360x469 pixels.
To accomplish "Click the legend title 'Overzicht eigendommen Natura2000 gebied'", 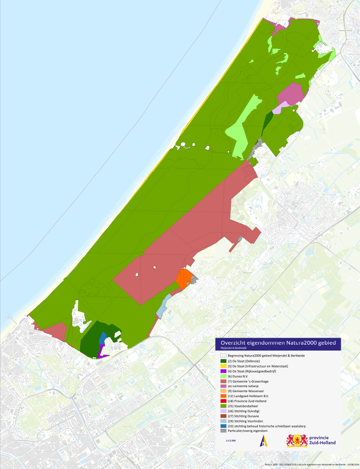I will tap(278, 343).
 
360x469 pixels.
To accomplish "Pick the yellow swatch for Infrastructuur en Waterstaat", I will tap(224, 367).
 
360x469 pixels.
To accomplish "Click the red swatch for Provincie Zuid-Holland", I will tap(224, 401).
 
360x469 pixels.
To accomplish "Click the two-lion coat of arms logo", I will tap(297, 441).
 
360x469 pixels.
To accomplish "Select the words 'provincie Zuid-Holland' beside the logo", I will tap(322, 441).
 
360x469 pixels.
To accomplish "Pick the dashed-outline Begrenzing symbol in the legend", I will tap(224, 355).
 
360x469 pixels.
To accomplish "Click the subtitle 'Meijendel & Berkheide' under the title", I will tap(234, 348).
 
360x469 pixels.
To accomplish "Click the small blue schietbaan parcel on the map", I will tap(103, 338).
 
